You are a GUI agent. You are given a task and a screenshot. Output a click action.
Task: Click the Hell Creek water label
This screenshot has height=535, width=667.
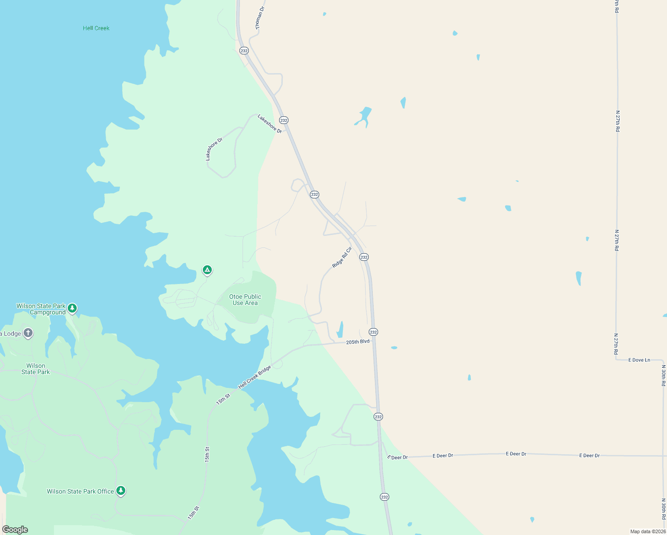(x=96, y=28)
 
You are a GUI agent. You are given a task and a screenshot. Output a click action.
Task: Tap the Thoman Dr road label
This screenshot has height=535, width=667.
(x=260, y=18)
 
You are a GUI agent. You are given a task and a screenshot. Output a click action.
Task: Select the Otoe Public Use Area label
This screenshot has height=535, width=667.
(x=245, y=300)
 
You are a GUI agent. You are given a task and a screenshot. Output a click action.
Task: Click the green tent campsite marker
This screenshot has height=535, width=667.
(x=207, y=270)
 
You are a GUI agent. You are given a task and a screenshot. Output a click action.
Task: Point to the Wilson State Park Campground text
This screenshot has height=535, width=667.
(x=41, y=309)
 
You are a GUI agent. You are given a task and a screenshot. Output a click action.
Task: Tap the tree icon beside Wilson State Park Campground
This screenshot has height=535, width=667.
(x=72, y=308)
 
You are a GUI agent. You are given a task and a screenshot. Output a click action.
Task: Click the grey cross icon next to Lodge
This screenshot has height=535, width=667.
(x=28, y=333)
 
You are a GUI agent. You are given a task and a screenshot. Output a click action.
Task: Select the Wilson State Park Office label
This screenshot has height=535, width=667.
(x=80, y=491)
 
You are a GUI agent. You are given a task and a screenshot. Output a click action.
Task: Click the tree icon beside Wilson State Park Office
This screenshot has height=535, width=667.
(x=120, y=490)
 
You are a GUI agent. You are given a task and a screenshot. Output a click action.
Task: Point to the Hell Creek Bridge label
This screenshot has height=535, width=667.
(x=255, y=377)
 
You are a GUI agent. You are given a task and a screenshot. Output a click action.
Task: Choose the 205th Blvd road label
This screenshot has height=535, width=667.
(x=358, y=342)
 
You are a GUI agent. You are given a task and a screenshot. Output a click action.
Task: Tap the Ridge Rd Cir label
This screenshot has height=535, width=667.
(x=342, y=257)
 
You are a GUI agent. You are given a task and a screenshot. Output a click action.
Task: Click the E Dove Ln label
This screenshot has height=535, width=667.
(x=639, y=360)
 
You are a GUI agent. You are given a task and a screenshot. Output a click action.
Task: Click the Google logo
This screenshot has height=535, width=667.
(x=15, y=530)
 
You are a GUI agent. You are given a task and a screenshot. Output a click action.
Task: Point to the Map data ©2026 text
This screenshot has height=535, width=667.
(x=648, y=531)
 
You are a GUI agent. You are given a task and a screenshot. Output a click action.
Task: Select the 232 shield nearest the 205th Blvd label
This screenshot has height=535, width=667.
(x=373, y=332)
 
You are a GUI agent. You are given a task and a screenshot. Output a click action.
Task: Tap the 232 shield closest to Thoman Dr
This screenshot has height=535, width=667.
(x=243, y=50)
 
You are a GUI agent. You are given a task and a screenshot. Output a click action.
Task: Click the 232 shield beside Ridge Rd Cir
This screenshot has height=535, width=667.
(x=364, y=257)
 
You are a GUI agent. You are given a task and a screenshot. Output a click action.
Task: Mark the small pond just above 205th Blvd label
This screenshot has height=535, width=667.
(x=340, y=329)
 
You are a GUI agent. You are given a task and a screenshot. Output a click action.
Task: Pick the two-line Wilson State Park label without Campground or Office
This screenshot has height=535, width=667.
(x=36, y=369)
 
